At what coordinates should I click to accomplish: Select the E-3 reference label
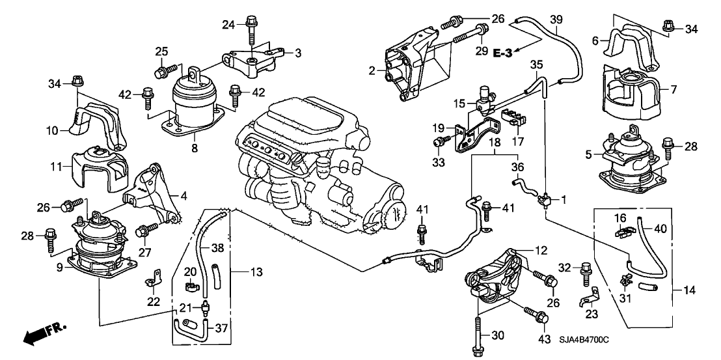[x=504, y=53]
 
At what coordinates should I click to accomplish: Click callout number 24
[x=227, y=25]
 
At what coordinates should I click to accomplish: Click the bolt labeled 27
[x=146, y=230]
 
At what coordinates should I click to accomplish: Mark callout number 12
[x=542, y=250]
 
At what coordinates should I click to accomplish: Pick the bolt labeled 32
[x=585, y=269]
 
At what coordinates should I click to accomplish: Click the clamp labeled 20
[x=191, y=285]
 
